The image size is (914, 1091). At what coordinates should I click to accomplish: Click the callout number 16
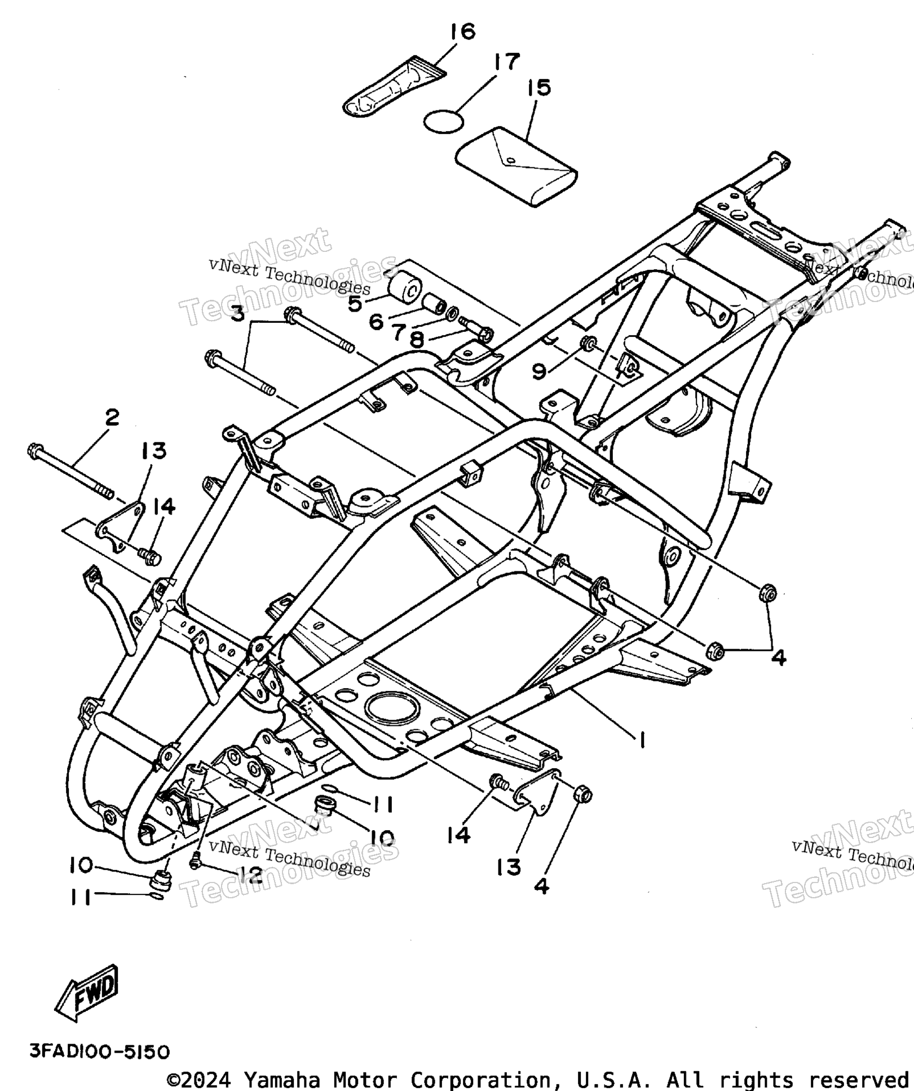463,32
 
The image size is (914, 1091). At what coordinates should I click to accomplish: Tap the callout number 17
506,61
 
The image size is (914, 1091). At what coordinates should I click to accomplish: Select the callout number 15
539,88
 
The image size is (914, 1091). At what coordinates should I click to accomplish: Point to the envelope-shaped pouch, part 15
516,166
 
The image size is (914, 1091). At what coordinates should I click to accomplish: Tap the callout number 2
112,418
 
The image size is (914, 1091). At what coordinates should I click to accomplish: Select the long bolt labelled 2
69,473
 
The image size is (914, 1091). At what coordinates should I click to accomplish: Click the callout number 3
238,312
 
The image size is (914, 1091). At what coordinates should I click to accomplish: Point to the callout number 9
539,371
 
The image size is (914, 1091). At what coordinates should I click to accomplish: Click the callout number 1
642,739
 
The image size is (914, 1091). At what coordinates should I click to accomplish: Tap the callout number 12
250,875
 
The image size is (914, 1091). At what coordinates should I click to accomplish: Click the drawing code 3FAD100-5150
99,1052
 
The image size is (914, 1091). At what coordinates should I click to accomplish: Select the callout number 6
376,322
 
